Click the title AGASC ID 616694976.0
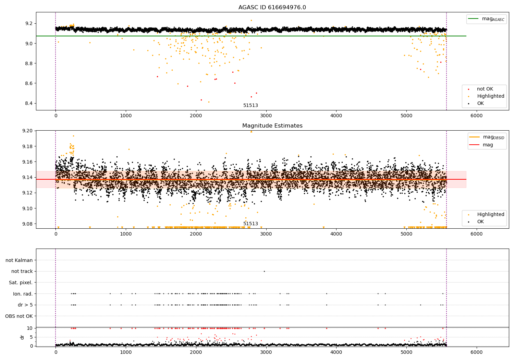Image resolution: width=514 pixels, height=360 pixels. point(272,8)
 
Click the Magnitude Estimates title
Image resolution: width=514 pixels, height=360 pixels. point(272,126)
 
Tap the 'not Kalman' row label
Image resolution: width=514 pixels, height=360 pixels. point(19,260)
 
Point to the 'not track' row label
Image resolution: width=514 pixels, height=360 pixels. point(22,271)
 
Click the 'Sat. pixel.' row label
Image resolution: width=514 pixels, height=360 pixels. point(21,283)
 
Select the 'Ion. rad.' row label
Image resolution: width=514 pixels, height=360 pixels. point(23,294)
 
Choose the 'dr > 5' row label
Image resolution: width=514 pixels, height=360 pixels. point(25,305)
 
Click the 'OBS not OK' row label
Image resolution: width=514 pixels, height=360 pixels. point(19,316)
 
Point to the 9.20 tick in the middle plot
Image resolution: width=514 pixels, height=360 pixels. point(27,131)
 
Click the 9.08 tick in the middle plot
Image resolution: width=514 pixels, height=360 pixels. point(27,224)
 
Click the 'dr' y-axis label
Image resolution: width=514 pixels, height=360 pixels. point(22,337)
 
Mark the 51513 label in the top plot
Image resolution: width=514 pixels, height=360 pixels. point(250,106)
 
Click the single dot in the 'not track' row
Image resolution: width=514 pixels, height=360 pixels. point(264,271)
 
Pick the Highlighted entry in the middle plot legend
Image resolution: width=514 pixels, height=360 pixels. point(490,214)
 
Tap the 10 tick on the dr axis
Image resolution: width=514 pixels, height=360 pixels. point(29,328)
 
